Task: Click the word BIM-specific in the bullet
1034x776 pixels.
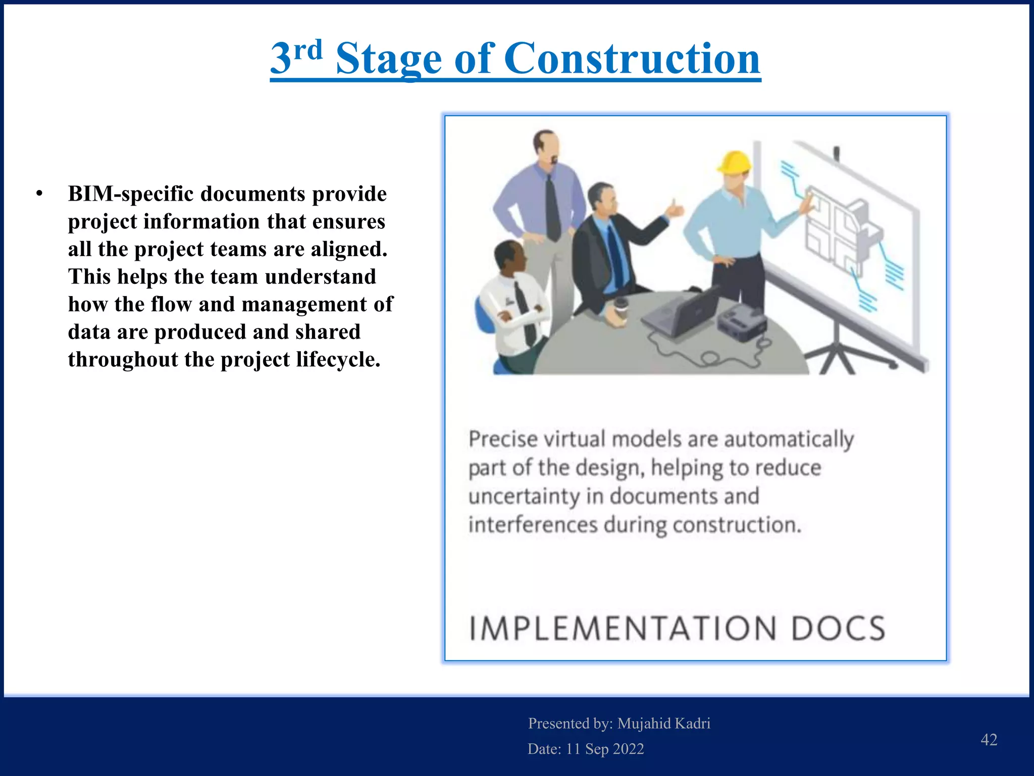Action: coord(130,194)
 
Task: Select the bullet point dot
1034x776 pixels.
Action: coord(39,194)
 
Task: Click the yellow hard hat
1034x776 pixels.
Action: coord(735,163)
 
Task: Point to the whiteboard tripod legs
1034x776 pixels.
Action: coord(838,356)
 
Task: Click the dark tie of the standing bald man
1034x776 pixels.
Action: coord(553,207)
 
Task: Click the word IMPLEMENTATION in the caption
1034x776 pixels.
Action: coord(622,628)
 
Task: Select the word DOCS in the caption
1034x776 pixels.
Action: coord(838,628)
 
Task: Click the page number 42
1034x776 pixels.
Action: coord(989,740)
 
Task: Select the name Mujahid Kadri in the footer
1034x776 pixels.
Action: coord(663,723)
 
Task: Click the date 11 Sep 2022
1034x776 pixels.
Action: coord(605,749)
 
